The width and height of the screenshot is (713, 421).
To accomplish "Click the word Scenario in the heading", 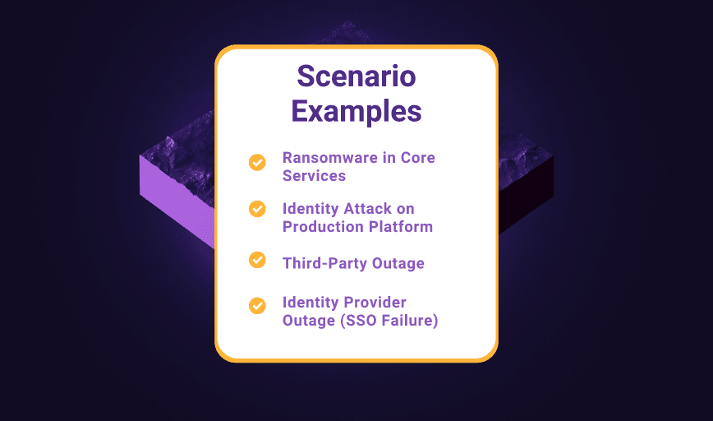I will (356, 77).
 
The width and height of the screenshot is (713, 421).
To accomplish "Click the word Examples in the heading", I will (356, 110).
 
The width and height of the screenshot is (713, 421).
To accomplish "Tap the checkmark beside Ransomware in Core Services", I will (257, 162).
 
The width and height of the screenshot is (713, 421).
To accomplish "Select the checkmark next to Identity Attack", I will (257, 209).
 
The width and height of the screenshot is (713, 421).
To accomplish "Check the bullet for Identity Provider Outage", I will (257, 306).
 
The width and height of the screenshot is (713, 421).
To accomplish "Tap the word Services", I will (314, 175).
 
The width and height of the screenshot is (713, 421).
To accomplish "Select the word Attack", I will (363, 209).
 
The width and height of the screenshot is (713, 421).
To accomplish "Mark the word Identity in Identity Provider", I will (310, 303).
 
